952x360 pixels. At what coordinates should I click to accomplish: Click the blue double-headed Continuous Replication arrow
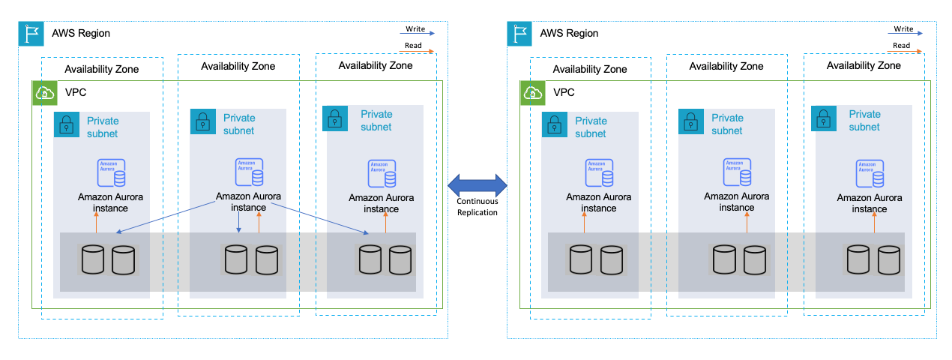[x=477, y=184]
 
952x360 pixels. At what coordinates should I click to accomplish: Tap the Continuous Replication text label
[x=477, y=207]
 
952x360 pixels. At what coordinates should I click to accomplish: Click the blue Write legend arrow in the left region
[x=416, y=33]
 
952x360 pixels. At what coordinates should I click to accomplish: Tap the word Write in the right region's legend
[x=904, y=29]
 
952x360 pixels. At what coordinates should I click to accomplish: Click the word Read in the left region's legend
[x=413, y=46]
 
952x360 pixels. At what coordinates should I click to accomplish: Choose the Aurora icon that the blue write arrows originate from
[x=249, y=172]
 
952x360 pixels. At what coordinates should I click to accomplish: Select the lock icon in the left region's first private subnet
[x=67, y=124]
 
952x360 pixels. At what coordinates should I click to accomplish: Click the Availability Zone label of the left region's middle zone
[x=238, y=66]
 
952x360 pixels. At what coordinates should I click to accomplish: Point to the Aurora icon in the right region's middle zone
[x=737, y=172]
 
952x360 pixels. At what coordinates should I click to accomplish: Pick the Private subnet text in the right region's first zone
[x=591, y=127]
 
